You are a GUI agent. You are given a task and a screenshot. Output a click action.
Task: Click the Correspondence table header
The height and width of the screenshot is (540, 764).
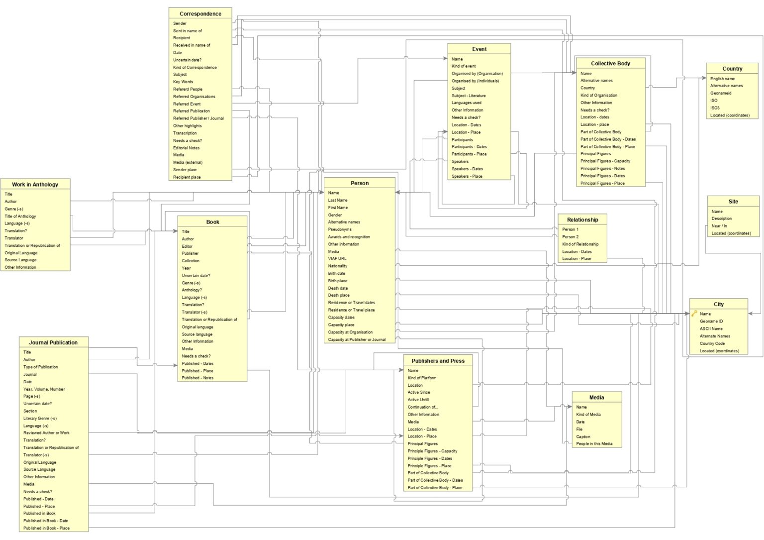[x=200, y=14]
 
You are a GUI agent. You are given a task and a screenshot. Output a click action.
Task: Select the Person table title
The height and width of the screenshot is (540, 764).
[x=360, y=183]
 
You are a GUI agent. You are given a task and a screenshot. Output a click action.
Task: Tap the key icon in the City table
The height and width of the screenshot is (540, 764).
[x=694, y=314]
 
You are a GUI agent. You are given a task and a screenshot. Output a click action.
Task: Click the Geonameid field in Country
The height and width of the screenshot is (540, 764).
[x=721, y=93]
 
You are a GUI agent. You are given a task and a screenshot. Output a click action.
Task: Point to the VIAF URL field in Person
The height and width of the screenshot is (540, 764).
[x=337, y=259]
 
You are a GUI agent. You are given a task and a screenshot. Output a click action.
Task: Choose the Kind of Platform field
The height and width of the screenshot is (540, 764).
[x=422, y=378]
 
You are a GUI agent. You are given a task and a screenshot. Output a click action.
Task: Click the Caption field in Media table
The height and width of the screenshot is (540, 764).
[x=583, y=436]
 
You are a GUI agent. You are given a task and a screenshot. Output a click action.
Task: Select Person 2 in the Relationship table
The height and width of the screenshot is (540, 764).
[x=570, y=237]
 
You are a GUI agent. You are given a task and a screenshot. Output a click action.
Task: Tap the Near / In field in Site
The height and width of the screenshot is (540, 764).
[x=719, y=226]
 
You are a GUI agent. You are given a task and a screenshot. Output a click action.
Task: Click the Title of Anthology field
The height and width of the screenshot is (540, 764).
[x=20, y=216]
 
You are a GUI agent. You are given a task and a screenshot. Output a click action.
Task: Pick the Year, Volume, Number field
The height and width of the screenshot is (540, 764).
[x=44, y=389]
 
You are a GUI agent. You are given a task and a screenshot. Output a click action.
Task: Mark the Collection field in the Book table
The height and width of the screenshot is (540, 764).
[x=191, y=261]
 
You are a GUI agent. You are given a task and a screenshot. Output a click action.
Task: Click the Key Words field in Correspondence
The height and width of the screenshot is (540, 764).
[x=183, y=82]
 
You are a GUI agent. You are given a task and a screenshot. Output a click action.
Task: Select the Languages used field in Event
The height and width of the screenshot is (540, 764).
[x=466, y=103]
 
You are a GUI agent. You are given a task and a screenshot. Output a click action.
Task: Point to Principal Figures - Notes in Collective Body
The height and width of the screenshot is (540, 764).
[x=602, y=169]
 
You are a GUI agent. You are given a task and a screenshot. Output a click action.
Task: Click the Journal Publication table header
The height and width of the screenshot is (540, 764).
[x=53, y=342]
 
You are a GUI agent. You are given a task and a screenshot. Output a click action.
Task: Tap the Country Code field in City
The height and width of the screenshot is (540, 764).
[x=712, y=343]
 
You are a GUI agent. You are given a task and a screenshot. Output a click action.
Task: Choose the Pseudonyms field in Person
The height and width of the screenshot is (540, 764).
[x=340, y=229]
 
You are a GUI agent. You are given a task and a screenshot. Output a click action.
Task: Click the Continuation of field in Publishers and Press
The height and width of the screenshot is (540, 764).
[x=423, y=407]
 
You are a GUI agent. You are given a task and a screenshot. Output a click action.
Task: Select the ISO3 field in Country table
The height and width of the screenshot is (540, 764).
[x=715, y=108]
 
